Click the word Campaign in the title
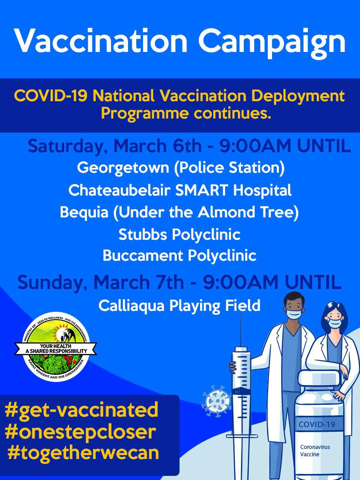coord(273,42)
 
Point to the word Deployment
coord(298,97)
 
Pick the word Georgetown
coord(123,168)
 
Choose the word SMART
coord(202,190)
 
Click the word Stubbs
coord(143,234)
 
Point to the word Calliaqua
coord(132,306)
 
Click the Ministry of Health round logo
coord(56,347)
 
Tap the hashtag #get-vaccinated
coord(82,410)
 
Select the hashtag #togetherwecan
coord(83,453)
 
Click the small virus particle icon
coord(216,401)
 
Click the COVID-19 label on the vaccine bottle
coord(317,424)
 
